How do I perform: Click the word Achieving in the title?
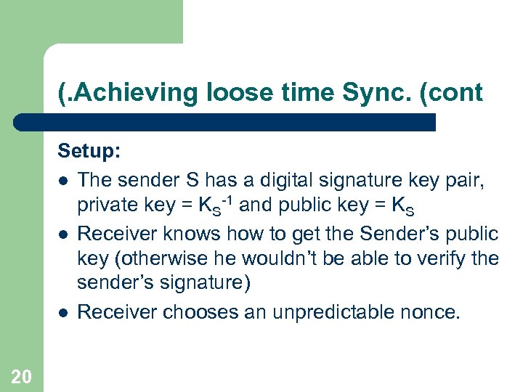tap(120, 93)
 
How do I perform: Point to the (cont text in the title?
tap(453, 93)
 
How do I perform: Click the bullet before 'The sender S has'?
tap(64, 179)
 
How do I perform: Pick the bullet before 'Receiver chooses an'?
tap(64, 313)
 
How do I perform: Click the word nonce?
tap(432, 311)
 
